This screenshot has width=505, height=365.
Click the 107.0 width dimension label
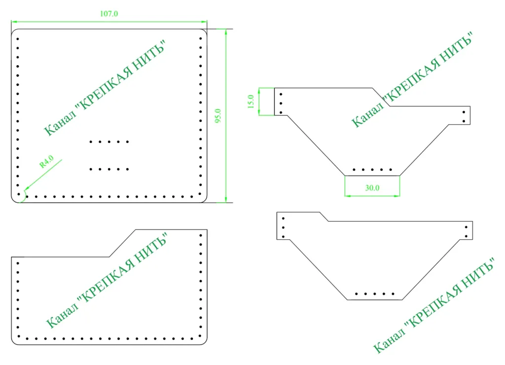click(x=109, y=14)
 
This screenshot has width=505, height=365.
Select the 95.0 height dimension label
click(x=218, y=115)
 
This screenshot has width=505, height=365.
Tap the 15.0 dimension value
click(x=251, y=102)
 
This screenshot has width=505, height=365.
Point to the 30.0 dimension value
click(x=372, y=188)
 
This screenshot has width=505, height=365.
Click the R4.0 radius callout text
click(x=47, y=162)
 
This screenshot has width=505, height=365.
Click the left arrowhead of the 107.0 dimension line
click(x=14, y=22)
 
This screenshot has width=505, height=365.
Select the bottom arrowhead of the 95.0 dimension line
click(x=226, y=200)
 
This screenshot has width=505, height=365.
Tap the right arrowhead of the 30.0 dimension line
click(x=397, y=195)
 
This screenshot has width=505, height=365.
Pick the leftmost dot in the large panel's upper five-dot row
click(x=91, y=142)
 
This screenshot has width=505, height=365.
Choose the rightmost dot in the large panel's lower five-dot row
click(x=128, y=169)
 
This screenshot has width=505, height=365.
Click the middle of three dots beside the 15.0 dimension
click(x=281, y=104)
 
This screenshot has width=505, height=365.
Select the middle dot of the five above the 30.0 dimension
click(x=372, y=170)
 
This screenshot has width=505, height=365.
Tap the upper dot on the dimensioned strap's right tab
click(x=464, y=112)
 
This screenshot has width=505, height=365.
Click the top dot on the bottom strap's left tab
click(x=283, y=219)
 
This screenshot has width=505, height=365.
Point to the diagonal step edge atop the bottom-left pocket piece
click(x=122, y=243)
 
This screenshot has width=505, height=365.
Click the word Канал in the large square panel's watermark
click(x=60, y=124)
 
